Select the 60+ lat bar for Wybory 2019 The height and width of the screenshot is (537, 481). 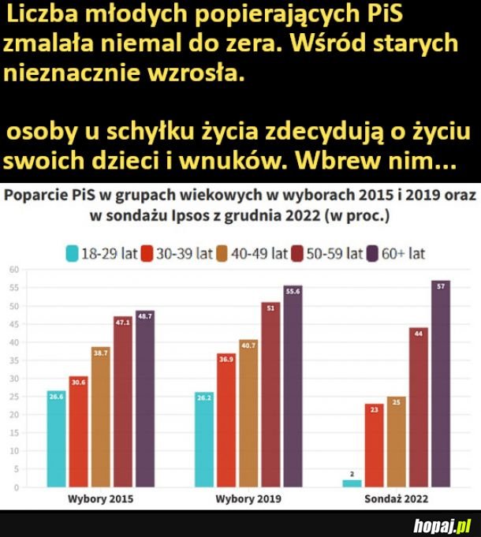(293, 386)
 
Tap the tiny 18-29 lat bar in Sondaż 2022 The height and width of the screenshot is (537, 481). (352, 483)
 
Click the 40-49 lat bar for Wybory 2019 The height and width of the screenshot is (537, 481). (248, 413)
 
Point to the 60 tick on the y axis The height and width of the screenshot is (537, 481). (13, 270)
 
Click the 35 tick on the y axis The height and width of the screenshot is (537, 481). (13, 360)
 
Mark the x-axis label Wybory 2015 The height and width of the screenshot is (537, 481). (101, 499)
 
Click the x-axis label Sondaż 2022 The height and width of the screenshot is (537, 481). (397, 499)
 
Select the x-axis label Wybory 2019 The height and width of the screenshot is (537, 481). (248, 499)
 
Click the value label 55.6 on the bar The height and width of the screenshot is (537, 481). (293, 290)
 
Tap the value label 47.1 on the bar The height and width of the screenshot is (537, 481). (122, 321)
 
